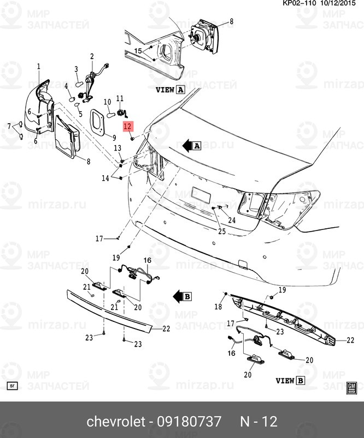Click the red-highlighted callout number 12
128,126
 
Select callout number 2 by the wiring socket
92,56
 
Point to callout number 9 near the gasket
114,137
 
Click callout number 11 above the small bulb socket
120,98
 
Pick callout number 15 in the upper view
138,51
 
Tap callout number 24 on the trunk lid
232,221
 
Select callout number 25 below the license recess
221,232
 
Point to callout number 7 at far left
9,126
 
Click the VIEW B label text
290,380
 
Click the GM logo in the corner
352,387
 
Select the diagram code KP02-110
299,3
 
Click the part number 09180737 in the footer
190,421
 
